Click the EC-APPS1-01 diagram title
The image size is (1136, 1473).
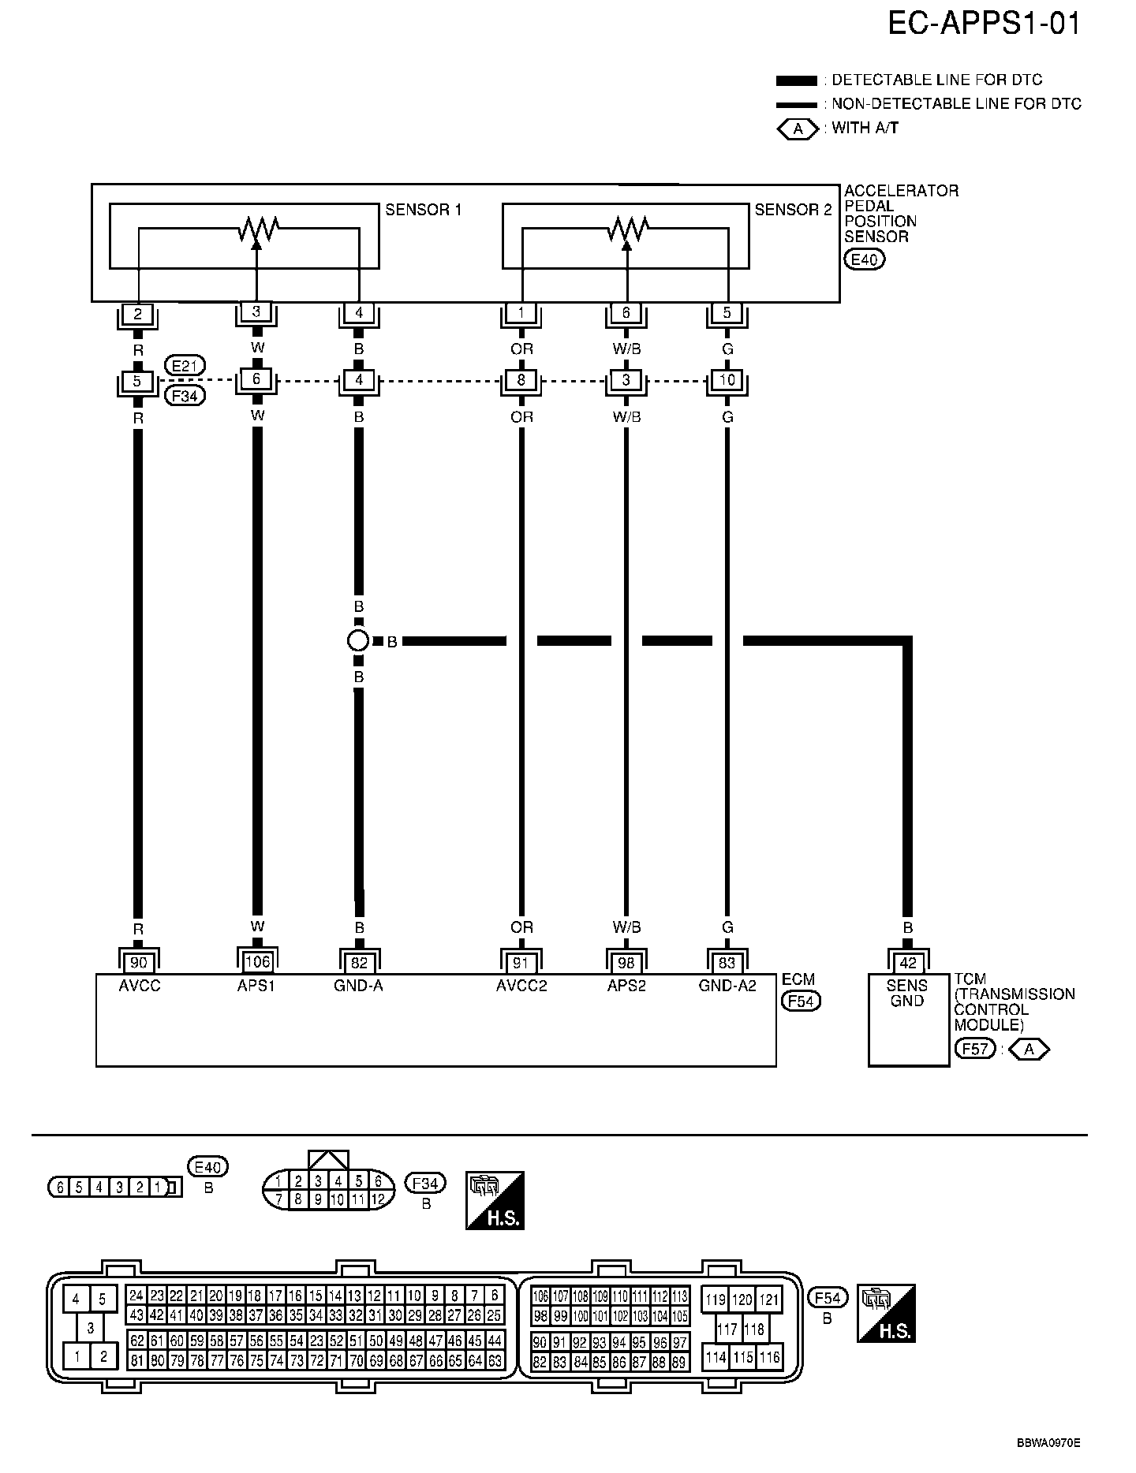coord(984,24)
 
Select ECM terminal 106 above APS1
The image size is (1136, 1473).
coord(257,962)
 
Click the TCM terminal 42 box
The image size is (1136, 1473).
coord(907,963)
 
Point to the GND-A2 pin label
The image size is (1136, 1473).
coord(727,986)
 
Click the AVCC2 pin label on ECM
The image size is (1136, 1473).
coord(521,986)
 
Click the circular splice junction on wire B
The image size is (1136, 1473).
coord(358,641)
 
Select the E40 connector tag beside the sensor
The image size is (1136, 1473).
coord(864,259)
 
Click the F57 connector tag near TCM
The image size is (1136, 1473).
coord(975,1049)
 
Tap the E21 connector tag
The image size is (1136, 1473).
coord(185,366)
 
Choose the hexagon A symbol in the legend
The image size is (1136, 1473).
coord(798,129)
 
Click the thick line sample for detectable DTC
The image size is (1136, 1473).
coord(796,80)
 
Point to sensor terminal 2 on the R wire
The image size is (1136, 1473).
coord(138,314)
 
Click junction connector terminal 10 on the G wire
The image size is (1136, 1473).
coord(727,380)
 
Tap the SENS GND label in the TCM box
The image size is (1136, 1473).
coord(907,993)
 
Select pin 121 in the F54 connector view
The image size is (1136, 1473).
coord(769,1300)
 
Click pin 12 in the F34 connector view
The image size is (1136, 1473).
coord(379,1200)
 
